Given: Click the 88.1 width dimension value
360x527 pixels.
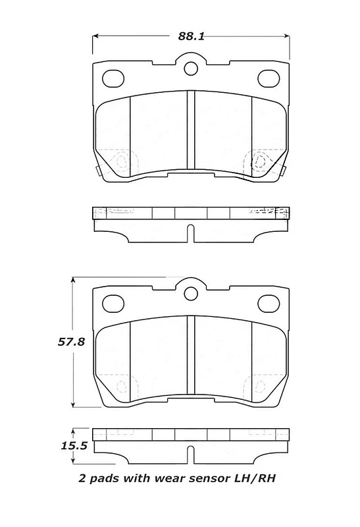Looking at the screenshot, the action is coord(191,36).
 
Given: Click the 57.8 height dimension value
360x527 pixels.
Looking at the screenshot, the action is coord(71,342).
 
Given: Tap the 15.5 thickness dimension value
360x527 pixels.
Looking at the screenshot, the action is coord(74,446).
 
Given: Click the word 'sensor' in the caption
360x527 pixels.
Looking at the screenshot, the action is coord(208,478).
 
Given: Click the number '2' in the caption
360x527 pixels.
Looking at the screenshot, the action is coord(82,478).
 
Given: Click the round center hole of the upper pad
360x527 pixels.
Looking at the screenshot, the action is coord(191,69).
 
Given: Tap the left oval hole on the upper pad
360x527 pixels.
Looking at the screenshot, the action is coord(113,78).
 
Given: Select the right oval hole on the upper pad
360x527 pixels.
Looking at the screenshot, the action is coord(269,78).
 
